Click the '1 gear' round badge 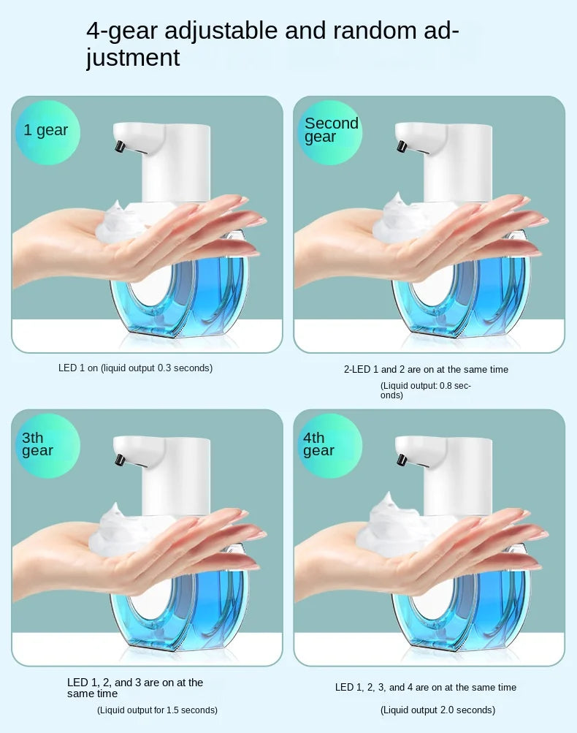click(x=47, y=132)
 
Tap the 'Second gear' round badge click(x=330, y=132)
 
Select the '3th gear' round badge click(x=47, y=444)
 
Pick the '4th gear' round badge click(x=330, y=444)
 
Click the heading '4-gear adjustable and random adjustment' click(x=272, y=44)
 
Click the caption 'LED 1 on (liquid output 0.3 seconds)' click(x=135, y=368)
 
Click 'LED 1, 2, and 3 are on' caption click(x=135, y=688)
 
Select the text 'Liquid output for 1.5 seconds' click(x=157, y=710)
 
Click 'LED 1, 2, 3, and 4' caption click(x=426, y=688)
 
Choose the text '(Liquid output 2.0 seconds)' click(x=437, y=710)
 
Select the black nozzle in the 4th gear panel click(x=400, y=460)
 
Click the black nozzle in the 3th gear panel click(x=118, y=460)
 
